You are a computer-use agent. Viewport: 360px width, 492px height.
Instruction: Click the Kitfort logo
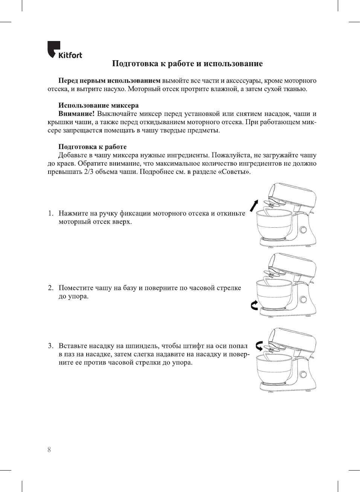64,50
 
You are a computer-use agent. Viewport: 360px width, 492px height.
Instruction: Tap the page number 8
49,449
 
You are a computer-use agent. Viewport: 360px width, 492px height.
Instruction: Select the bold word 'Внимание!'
76,114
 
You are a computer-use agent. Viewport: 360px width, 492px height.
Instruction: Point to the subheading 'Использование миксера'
98,105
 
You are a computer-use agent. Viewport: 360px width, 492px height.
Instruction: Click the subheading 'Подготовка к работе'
92,147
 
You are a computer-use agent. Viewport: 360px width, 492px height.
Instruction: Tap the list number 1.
50,213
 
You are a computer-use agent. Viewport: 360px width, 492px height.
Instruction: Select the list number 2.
50,288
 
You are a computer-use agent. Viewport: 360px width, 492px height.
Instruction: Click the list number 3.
50,346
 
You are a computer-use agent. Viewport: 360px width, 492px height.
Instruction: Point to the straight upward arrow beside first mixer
254,206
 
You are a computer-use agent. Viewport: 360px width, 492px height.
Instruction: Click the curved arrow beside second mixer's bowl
255,305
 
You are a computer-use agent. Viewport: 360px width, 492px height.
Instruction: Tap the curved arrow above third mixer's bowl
259,346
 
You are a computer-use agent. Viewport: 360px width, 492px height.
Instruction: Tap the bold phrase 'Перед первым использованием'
109,81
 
